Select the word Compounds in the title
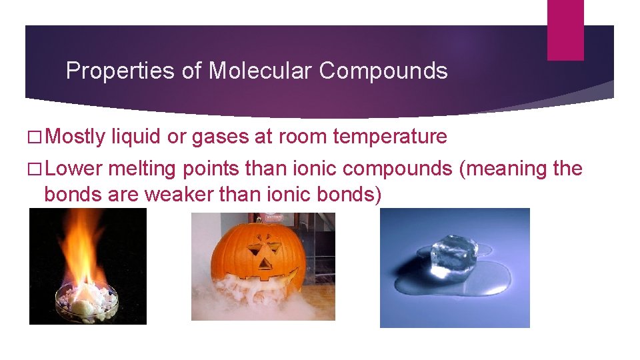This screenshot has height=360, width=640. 383,71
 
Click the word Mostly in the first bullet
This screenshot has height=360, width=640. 75,137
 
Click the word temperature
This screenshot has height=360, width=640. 390,137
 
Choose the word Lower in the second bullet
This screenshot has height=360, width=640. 73,169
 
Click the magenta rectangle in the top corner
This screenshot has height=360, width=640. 565,29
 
